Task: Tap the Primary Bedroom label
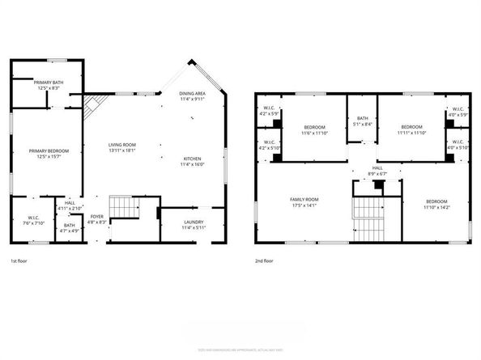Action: (x=49, y=151)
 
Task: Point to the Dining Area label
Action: (x=192, y=94)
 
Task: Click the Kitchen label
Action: (x=192, y=158)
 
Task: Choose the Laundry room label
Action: (x=193, y=222)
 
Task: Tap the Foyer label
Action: (x=97, y=217)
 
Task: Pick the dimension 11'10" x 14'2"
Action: (x=436, y=205)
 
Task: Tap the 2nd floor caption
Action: (x=264, y=261)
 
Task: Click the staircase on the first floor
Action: (x=123, y=209)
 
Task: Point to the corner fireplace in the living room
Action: (x=95, y=104)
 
